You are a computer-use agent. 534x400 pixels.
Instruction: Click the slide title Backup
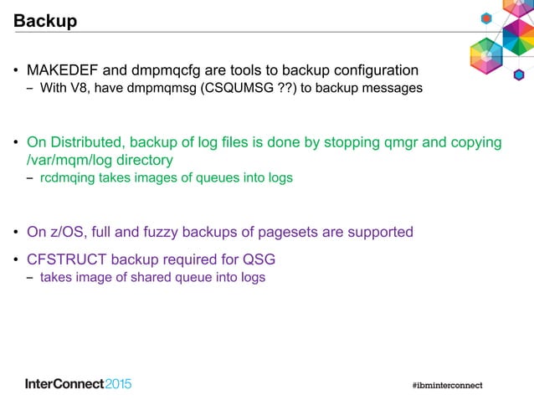point(45,21)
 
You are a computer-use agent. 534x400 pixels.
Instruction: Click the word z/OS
point(68,232)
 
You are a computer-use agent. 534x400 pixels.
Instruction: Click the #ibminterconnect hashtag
point(448,385)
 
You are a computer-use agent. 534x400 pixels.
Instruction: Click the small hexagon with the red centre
point(485,18)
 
